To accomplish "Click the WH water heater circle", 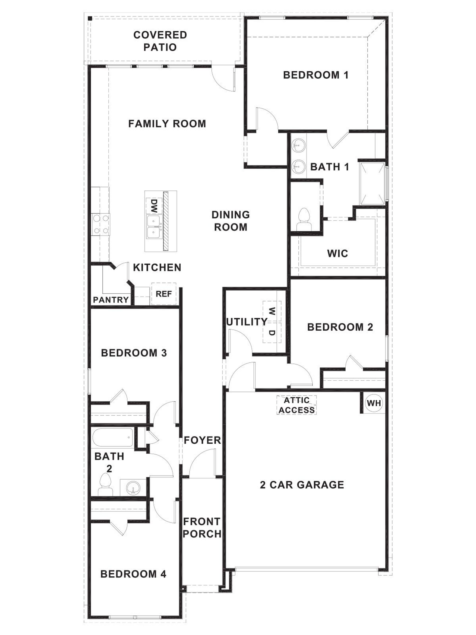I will [x=374, y=403].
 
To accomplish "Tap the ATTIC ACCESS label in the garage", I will [x=297, y=405].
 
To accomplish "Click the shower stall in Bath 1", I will [x=372, y=184].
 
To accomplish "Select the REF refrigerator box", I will [x=164, y=294].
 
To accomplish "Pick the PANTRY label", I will [x=111, y=300].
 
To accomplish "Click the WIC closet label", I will [x=337, y=253].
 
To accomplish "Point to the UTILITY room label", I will [x=246, y=322].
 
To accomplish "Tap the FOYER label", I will [x=202, y=440].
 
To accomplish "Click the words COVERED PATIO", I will [x=160, y=41].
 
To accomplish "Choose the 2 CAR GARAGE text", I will [x=302, y=485].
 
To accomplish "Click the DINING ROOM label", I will [x=231, y=221].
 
